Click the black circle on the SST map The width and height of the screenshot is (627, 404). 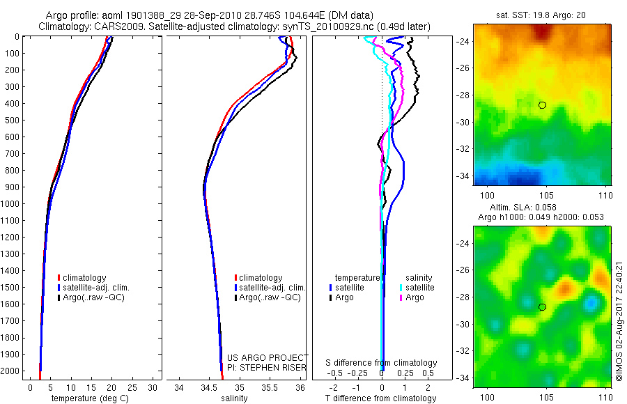(542, 104)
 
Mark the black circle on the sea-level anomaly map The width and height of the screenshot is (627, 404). (542, 306)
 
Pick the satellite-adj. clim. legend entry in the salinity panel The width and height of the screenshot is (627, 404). (272, 288)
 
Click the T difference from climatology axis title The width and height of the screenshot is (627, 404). (380, 398)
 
